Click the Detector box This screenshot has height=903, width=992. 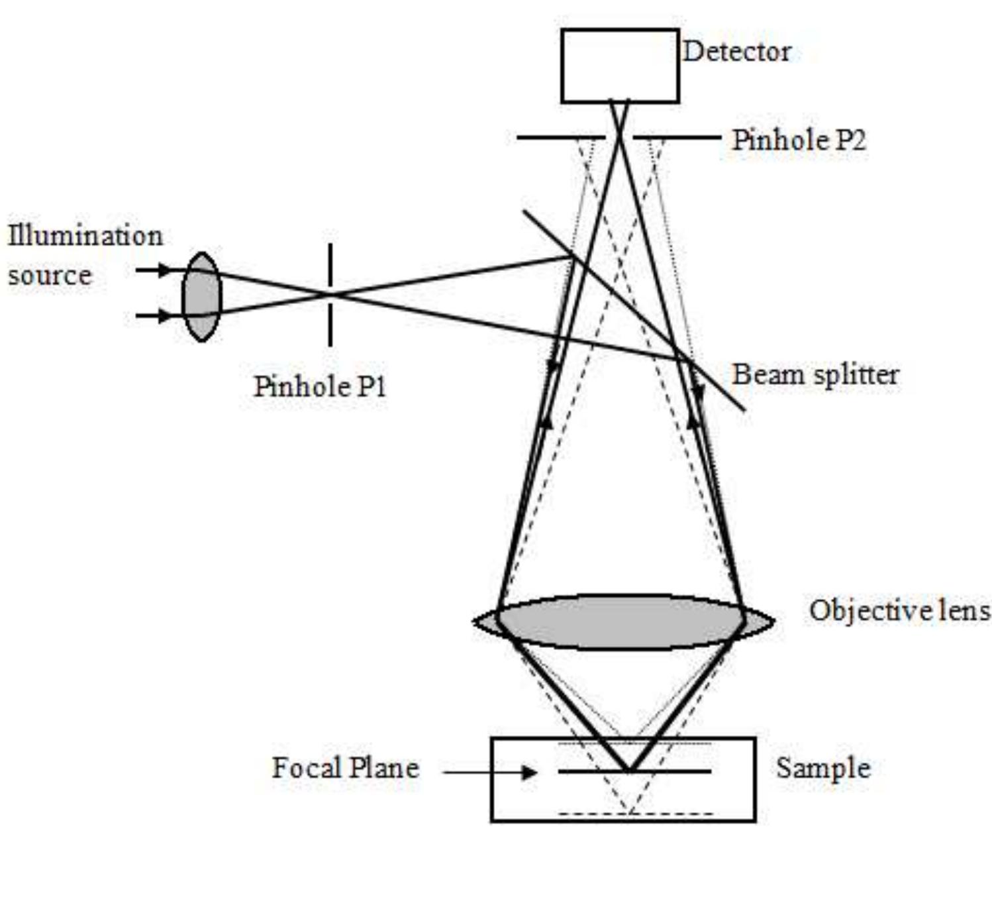coord(619,66)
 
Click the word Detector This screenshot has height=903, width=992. coord(736,52)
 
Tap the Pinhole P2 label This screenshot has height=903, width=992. coord(798,140)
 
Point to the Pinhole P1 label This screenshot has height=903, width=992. coord(320,386)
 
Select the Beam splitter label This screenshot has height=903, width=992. coord(815,375)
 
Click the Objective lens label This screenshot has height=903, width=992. coord(899,610)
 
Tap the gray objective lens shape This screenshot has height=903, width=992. coord(622,621)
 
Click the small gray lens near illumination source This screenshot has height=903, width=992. coord(201,297)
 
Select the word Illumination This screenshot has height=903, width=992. coord(85,236)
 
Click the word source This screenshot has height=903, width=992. coord(50,276)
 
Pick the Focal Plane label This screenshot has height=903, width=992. coord(345,768)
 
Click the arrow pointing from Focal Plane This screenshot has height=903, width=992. coord(490,772)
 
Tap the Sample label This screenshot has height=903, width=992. coord(822,768)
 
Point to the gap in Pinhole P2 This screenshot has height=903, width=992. coord(619,138)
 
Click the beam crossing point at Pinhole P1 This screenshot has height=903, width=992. coord(330,293)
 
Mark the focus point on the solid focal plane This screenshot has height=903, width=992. coord(629,770)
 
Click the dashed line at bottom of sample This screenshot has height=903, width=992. coord(636,813)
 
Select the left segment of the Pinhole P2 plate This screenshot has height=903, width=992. coord(560,138)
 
